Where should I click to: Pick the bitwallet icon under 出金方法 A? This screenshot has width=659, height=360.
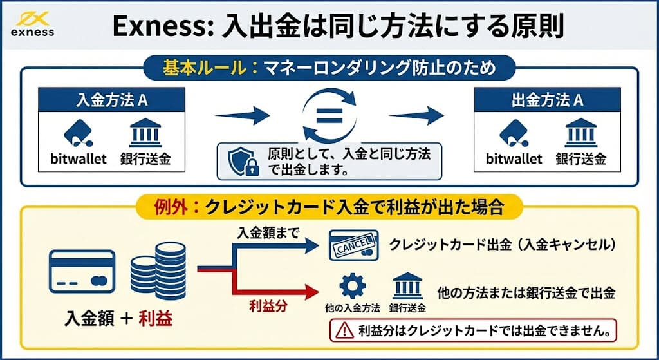(x=513, y=134)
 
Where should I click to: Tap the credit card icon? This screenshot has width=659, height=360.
(x=82, y=272)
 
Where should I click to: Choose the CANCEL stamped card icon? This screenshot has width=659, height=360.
(x=353, y=245)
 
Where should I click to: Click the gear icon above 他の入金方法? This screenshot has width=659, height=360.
(x=352, y=284)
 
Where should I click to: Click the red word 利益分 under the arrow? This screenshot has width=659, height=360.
(x=268, y=307)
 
